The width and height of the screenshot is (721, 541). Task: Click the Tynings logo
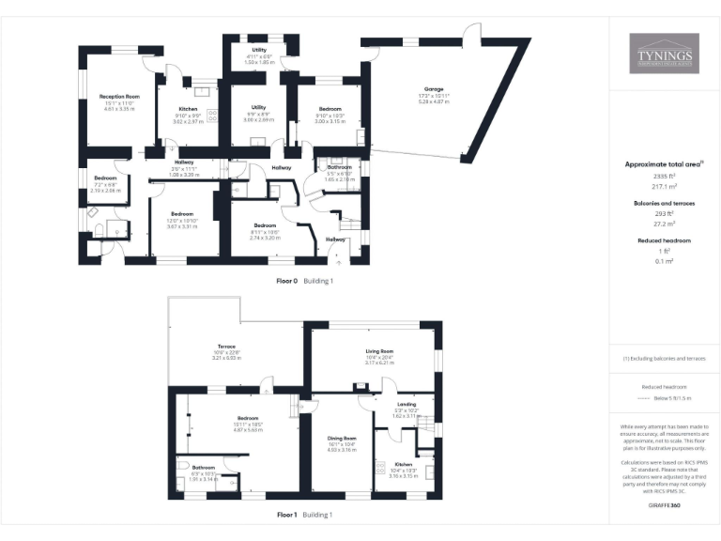[664, 54]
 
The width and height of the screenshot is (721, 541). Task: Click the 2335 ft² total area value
[664, 176]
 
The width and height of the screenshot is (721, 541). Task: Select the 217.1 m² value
[664, 187]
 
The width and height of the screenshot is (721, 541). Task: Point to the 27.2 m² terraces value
[664, 224]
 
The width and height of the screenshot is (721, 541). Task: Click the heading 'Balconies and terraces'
[664, 202]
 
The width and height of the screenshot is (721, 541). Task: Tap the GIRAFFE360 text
[664, 505]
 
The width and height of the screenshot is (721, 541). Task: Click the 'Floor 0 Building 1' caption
[304, 281]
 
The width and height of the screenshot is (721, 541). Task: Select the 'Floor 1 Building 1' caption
[304, 515]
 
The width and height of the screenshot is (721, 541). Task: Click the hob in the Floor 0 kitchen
[211, 115]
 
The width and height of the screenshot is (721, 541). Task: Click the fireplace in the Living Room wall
[360, 387]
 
